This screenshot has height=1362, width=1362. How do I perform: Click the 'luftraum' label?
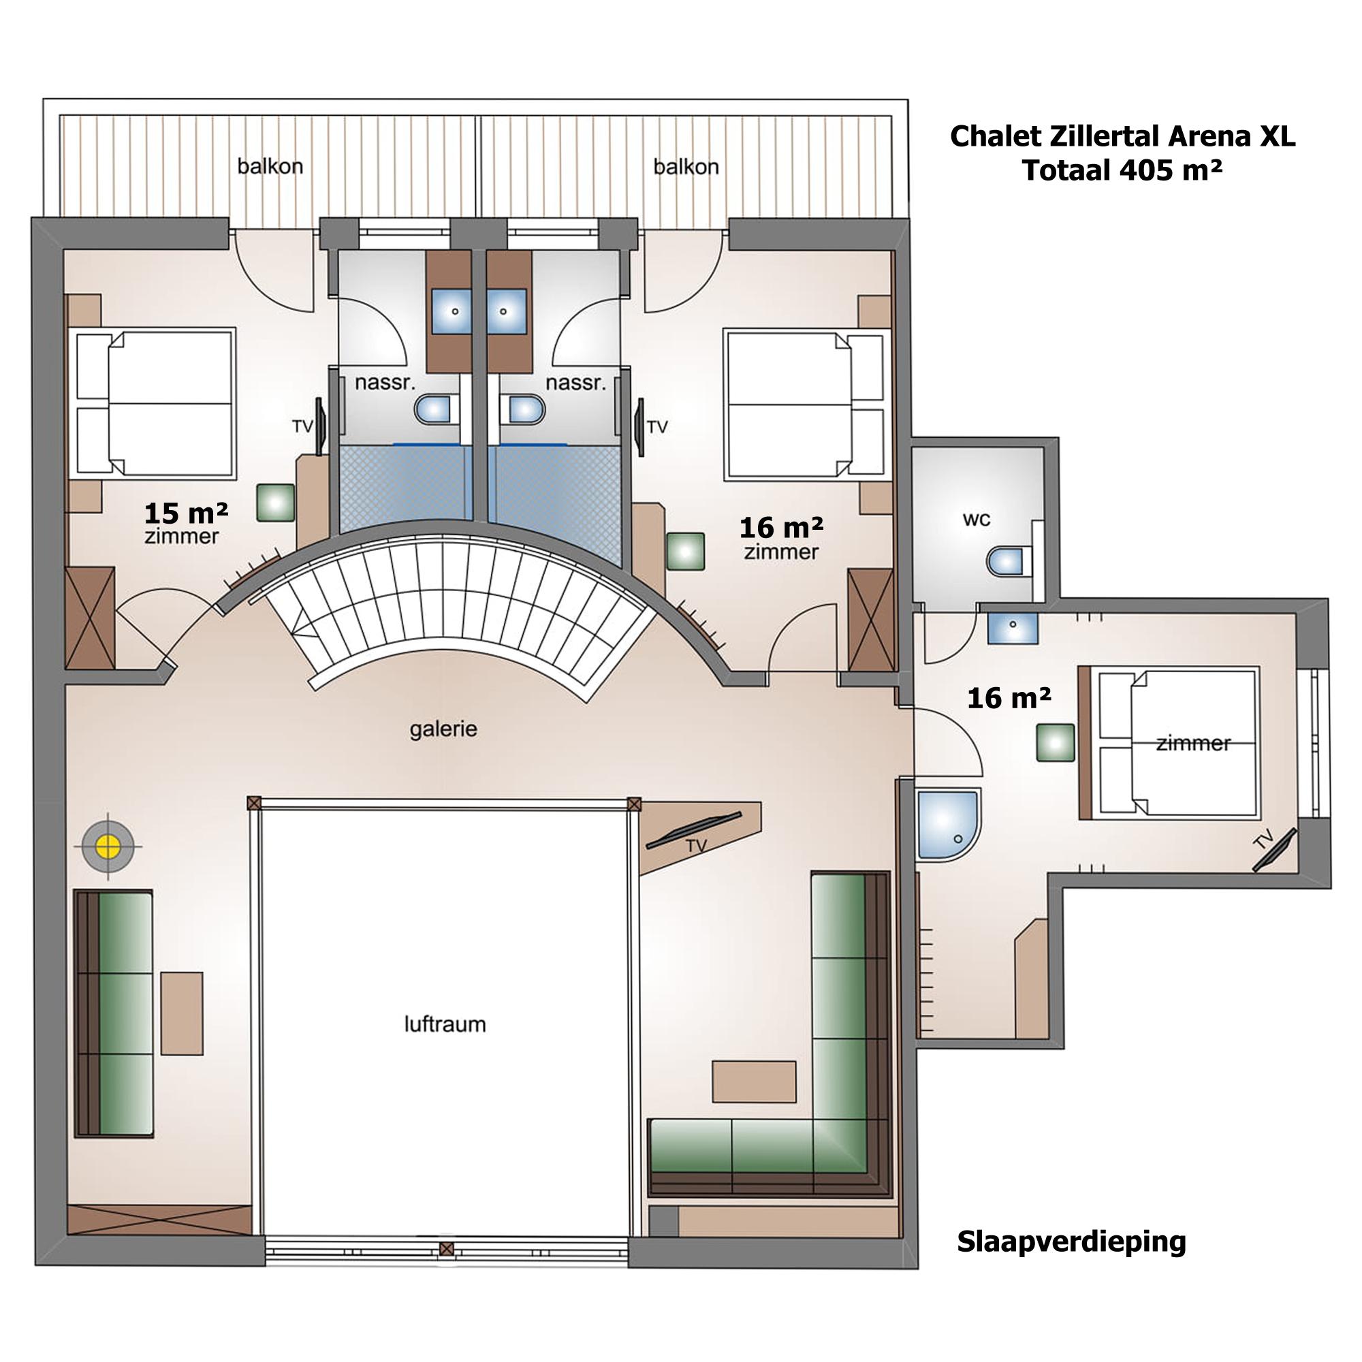click(445, 1024)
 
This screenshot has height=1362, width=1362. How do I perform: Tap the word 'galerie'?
click(443, 729)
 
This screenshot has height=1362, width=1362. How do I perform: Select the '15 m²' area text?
click(186, 512)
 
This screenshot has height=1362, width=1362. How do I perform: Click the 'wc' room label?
click(977, 520)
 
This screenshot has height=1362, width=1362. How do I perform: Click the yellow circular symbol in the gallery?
click(108, 844)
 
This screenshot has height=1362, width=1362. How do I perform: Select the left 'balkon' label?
click(270, 167)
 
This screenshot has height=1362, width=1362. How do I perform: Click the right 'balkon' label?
click(686, 167)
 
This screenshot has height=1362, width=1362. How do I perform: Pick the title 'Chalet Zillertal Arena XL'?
click(1122, 137)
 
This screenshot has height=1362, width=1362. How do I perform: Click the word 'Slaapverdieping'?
click(1071, 1261)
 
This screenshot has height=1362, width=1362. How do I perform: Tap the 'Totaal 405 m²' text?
click(1122, 172)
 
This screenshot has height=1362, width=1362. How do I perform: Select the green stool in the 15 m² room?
click(275, 503)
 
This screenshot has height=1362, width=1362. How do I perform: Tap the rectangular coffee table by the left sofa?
click(182, 1013)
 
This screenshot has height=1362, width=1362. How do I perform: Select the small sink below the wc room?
click(1013, 627)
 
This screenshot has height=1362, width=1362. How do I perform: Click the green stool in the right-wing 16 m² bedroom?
click(1056, 742)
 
